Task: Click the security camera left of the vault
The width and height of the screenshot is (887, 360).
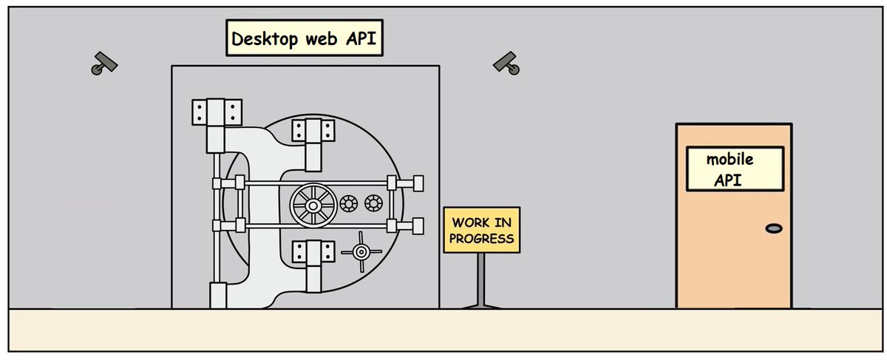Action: tap(104, 64)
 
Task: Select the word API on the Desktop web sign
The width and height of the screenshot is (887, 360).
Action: tap(362, 38)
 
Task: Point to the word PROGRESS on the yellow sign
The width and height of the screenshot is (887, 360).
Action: tap(481, 238)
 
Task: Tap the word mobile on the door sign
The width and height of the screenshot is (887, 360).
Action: tap(734, 159)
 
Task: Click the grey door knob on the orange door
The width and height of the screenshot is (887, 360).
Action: tap(774, 229)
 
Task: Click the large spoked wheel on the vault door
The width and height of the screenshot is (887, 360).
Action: tap(314, 204)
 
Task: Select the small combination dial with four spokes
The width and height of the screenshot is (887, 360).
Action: tap(361, 252)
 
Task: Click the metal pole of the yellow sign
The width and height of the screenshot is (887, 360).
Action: tap(481, 277)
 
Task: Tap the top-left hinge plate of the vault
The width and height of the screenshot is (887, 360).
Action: tap(217, 112)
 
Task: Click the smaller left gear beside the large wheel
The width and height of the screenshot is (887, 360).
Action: tap(348, 203)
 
